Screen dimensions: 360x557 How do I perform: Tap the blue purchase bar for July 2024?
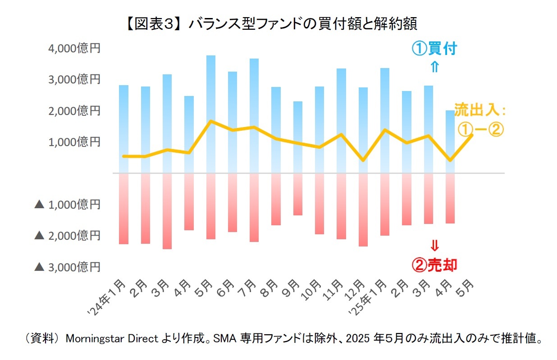254,115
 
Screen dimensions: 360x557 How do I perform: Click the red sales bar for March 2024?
167,211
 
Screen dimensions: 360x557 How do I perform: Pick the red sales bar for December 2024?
363,210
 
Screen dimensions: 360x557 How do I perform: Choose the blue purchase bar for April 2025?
450,141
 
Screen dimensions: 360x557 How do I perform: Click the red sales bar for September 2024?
298,194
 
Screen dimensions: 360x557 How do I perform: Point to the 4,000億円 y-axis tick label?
74,48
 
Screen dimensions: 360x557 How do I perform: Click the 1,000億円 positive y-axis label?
74,142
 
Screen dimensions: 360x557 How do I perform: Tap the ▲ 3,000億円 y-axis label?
67,267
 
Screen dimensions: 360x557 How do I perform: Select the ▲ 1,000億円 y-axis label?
67,205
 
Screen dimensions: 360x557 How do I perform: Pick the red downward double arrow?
434,246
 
